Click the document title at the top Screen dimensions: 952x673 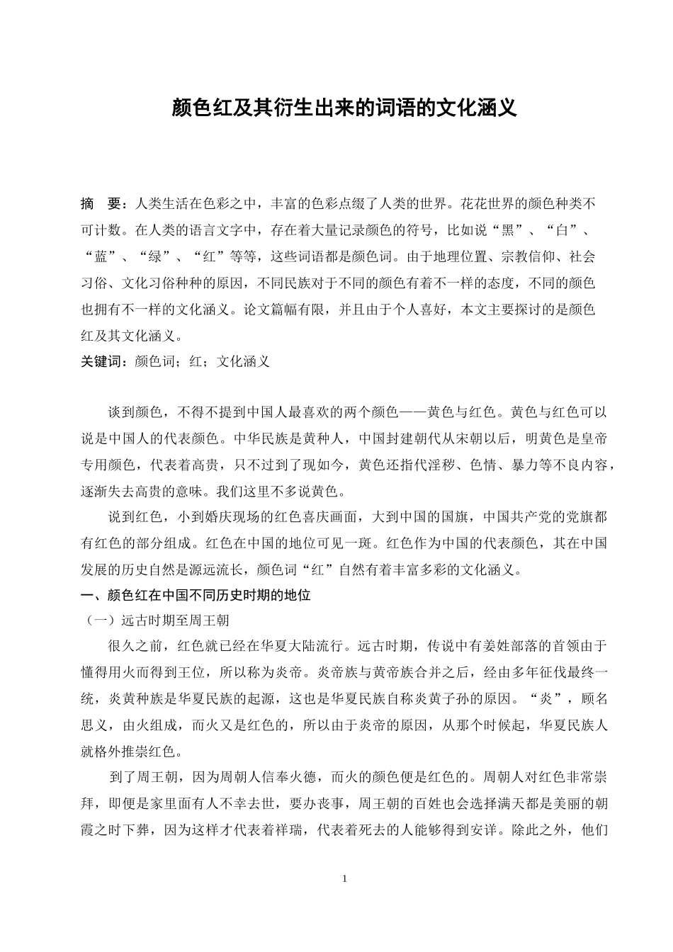[345, 108]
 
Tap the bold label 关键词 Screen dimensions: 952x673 [103, 361]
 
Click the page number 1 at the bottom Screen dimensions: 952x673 [344, 879]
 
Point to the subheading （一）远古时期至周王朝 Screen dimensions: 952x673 [156, 620]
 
